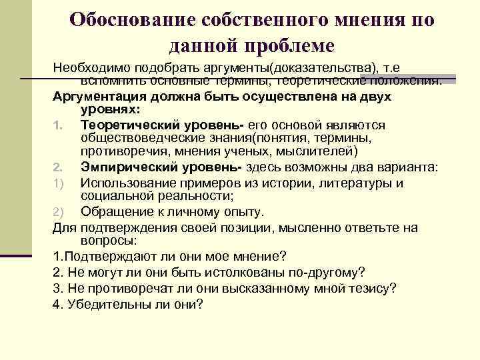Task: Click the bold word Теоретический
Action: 133,125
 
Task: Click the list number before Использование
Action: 57,183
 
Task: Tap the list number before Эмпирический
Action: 57,167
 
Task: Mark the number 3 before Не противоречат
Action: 56,288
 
